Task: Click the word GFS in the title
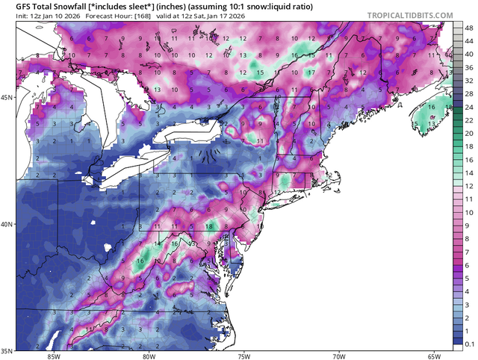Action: click(x=14, y=5)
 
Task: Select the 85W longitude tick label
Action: click(x=52, y=356)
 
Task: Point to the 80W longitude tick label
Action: click(x=148, y=356)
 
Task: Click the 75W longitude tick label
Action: click(x=243, y=356)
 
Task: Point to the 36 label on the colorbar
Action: click(x=469, y=65)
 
